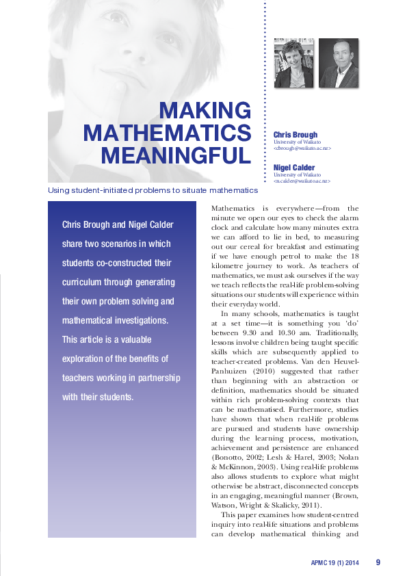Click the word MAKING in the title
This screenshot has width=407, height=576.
click(x=205, y=110)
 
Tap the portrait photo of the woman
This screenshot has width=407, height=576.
click(x=293, y=63)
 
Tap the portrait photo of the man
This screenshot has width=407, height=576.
click(x=338, y=63)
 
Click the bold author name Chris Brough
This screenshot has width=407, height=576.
click(x=296, y=135)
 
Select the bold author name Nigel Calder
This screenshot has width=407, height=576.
click(x=295, y=167)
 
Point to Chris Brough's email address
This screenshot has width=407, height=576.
click(x=302, y=148)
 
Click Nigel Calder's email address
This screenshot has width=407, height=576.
click(x=302, y=181)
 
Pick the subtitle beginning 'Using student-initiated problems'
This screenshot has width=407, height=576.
click(x=153, y=189)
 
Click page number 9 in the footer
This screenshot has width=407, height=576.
click(x=378, y=562)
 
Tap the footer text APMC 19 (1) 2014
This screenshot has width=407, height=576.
click(x=334, y=563)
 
